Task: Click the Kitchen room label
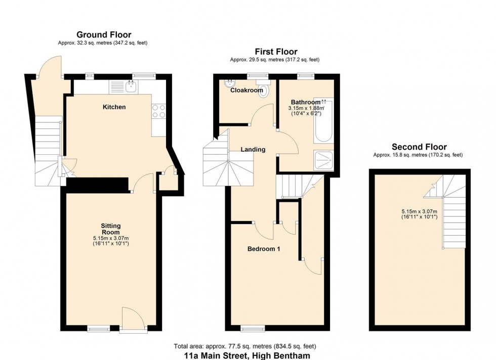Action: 114,107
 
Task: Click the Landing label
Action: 253,149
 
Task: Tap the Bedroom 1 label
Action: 264,249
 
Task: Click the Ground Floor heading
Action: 104,35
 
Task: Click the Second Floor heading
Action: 419,147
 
